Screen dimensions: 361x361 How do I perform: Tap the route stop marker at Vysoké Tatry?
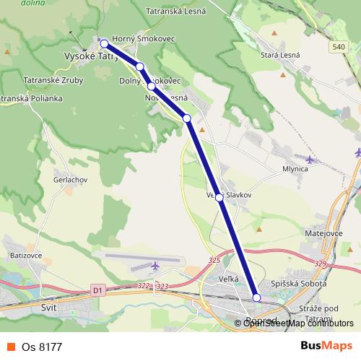[104, 43]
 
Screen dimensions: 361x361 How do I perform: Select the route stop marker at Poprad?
[256, 297]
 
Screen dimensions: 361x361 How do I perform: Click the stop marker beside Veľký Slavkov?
[219, 196]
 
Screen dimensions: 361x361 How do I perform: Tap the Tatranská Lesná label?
[176, 12]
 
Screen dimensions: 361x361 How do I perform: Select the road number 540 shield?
[339, 47]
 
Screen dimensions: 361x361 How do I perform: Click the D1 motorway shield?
[98, 290]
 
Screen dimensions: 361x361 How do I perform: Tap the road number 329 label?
[321, 264]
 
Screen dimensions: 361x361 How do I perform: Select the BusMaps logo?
[326, 346]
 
